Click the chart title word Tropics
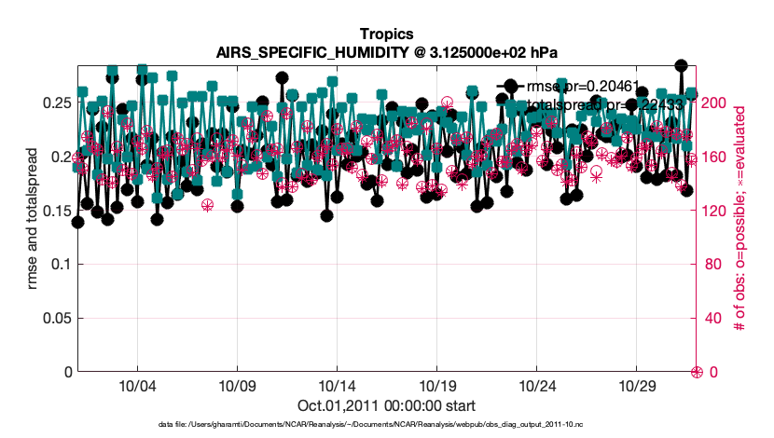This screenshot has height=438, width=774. pyautogui.click(x=386, y=34)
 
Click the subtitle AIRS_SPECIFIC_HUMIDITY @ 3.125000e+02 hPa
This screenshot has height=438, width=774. pyautogui.click(x=386, y=51)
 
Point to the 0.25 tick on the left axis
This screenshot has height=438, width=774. pyautogui.click(x=54, y=103)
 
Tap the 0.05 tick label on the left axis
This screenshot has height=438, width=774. pyautogui.click(x=54, y=319)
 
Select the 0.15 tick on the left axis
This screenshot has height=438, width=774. pyautogui.click(x=54, y=211)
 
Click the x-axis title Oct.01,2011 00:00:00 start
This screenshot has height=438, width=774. pyautogui.click(x=386, y=405)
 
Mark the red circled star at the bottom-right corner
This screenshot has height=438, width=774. pyautogui.click(x=696, y=372)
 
